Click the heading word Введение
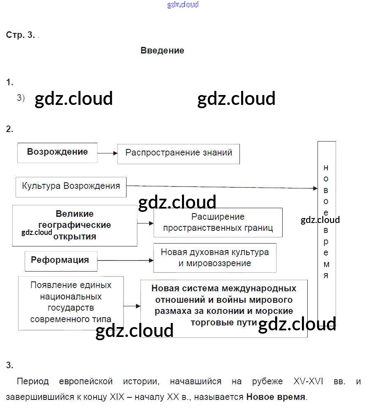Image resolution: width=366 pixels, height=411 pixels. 162,51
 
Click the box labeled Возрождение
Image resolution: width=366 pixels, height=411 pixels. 58,152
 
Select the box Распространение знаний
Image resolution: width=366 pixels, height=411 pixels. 179,153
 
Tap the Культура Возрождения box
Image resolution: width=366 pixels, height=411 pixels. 71,186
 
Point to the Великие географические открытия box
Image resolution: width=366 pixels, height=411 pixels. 75,225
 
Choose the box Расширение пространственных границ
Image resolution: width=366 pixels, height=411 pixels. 218,222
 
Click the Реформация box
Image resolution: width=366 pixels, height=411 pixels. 61,261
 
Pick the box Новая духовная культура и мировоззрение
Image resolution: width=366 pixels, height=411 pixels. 214,258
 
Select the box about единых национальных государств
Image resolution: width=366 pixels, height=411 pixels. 71,302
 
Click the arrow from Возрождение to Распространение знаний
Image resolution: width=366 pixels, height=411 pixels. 107,153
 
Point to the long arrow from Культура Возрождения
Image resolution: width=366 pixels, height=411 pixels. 222,187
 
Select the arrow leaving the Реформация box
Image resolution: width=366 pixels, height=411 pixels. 125,260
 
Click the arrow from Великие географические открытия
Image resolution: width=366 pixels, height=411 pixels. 145,223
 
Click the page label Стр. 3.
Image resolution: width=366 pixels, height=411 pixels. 21,35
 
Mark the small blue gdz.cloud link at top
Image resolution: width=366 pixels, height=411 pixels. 183,5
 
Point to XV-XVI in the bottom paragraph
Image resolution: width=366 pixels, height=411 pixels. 308,382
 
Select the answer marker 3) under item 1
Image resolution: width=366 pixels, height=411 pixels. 21,98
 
